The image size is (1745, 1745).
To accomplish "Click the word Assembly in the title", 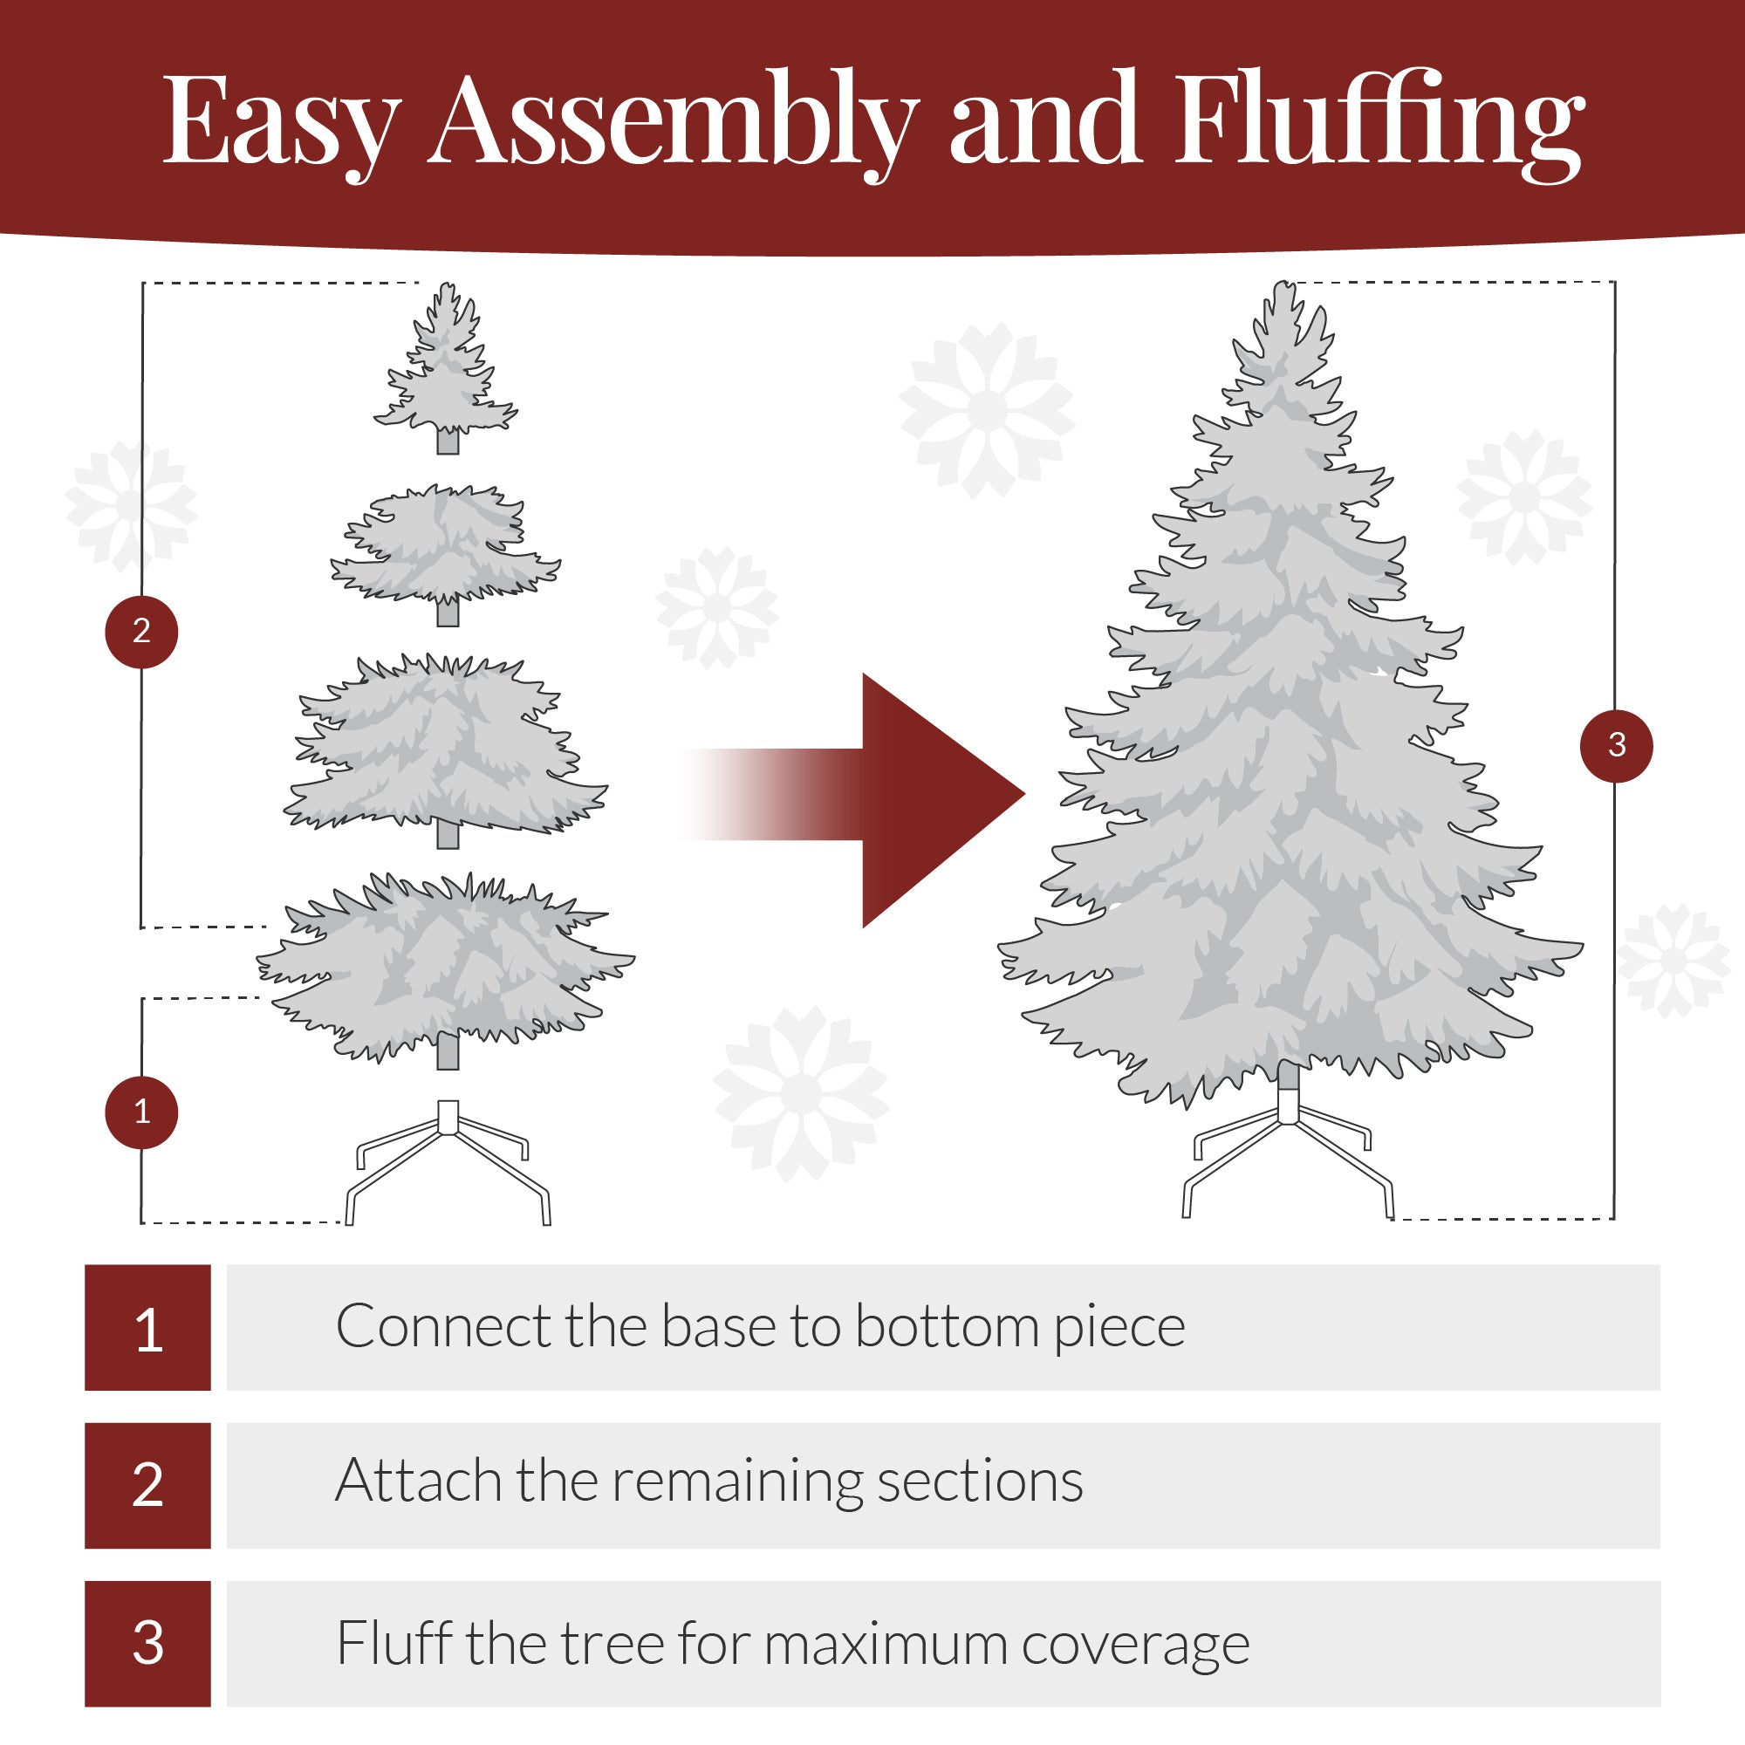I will click(673, 122).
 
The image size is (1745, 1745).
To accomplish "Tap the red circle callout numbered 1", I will click(142, 1112).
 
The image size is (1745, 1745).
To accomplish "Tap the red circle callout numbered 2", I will click(142, 632).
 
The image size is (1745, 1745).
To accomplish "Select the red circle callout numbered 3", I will click(1616, 745).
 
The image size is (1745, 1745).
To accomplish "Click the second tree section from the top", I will click(446, 546).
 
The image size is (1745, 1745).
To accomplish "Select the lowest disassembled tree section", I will click(446, 967).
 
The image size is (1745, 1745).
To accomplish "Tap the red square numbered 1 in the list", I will click(148, 1327).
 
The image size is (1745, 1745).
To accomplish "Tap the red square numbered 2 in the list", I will click(148, 1485).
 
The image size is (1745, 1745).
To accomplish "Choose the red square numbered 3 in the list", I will click(148, 1643).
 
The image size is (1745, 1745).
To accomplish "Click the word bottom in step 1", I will click(947, 1327).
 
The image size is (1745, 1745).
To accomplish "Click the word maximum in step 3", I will click(885, 1643).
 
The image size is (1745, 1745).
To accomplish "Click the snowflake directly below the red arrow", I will click(801, 1093).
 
